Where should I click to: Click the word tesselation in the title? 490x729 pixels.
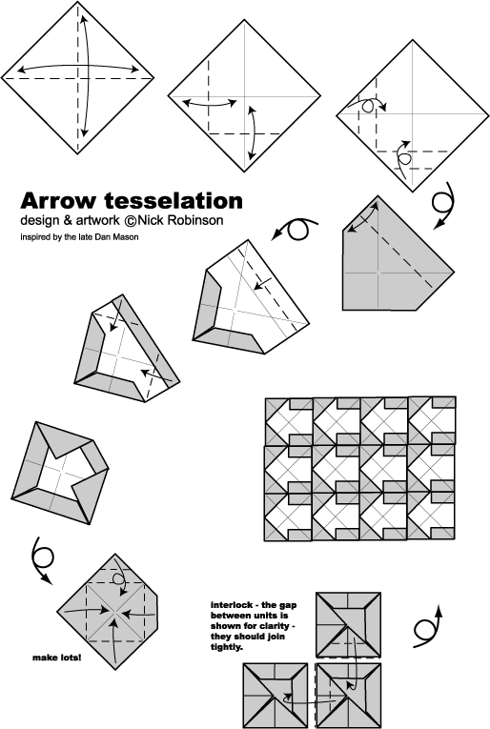coord(174,201)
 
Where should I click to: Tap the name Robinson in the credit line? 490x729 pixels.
coord(195,220)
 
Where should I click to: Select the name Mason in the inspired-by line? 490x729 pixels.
coord(128,237)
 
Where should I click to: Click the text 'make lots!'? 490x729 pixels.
coord(56,658)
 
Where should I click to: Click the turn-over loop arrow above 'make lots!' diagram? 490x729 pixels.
coord(42,558)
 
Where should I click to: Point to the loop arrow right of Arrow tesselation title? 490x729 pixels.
coord(295,229)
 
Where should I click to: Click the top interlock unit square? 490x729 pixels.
coord(348,624)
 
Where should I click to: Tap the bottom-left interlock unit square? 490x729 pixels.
coord(276,696)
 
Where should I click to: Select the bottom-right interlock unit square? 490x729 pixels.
coord(348,696)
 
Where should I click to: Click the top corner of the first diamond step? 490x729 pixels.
coord(77,2)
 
